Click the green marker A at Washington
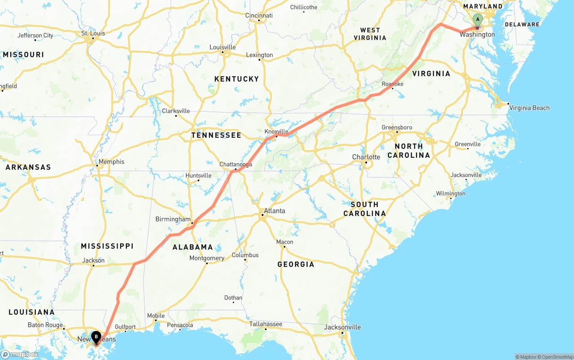point(478,19)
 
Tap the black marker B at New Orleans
point(96,336)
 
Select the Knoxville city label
point(276,131)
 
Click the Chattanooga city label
point(235,165)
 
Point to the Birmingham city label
point(173,219)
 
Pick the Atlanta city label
point(274,211)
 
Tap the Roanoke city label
point(392,84)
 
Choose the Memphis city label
point(112,162)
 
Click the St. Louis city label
point(93,33)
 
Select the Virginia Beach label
point(529,108)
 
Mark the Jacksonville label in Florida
point(342,327)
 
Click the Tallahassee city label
point(266,324)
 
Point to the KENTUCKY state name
point(236,79)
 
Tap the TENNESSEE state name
point(216,135)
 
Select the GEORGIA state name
point(296,265)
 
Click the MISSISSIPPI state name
point(107,246)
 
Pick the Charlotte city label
point(366,157)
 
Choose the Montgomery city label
point(207,258)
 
